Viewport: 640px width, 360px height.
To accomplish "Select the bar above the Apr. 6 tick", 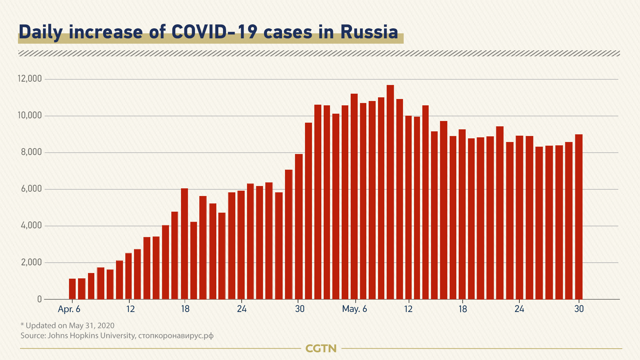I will click(72, 289).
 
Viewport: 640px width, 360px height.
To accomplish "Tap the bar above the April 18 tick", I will click(184, 244).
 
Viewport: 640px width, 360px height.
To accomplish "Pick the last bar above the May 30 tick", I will click(579, 217).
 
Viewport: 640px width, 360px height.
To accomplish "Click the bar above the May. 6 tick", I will click(354, 197).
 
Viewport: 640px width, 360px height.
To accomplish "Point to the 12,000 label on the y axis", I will click(30, 79).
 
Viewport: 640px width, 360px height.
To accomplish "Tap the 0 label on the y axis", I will click(40, 299).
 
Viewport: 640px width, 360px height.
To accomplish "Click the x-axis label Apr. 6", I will click(69, 309).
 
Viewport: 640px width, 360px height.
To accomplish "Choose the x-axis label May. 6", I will click(354, 309).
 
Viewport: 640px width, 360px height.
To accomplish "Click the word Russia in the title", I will click(369, 32).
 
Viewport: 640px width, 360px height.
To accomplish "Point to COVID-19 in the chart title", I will click(214, 32).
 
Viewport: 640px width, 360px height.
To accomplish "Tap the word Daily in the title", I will click(41, 32).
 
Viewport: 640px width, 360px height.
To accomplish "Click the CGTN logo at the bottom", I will click(321, 348).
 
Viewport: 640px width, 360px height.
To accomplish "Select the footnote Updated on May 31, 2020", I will click(70, 325).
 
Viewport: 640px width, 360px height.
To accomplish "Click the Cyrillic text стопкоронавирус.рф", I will click(176, 335).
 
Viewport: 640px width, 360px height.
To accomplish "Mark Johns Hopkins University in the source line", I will click(92, 335).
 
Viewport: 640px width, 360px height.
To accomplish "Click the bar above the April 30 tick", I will click(299, 227).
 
